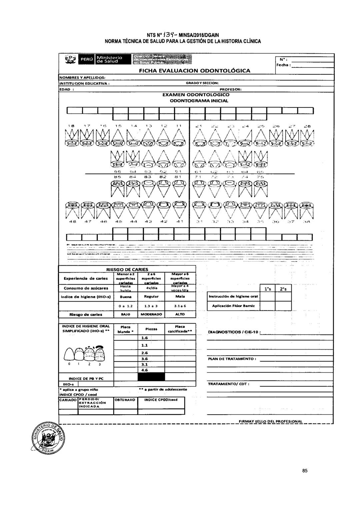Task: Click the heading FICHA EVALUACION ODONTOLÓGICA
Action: click(194, 71)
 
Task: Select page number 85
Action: click(305, 471)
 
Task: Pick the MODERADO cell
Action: click(151, 314)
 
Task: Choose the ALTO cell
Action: click(180, 314)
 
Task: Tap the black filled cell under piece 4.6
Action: click(151, 377)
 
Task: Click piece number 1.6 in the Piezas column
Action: click(145, 338)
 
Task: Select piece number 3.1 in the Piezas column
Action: click(145, 364)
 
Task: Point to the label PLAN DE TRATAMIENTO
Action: click(232, 359)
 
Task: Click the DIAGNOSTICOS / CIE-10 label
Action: click(234, 332)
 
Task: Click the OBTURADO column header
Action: click(125, 400)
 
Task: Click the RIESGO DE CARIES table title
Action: click(127, 269)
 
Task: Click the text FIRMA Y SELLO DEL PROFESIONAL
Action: click(270, 421)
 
